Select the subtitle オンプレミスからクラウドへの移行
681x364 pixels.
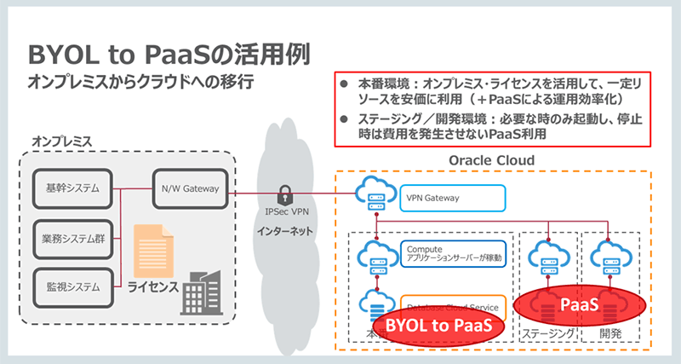[140, 83]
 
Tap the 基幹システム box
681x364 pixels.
[72, 187]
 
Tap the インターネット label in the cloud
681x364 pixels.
[285, 231]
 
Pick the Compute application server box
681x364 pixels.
[452, 252]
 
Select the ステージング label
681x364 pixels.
[548, 335]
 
